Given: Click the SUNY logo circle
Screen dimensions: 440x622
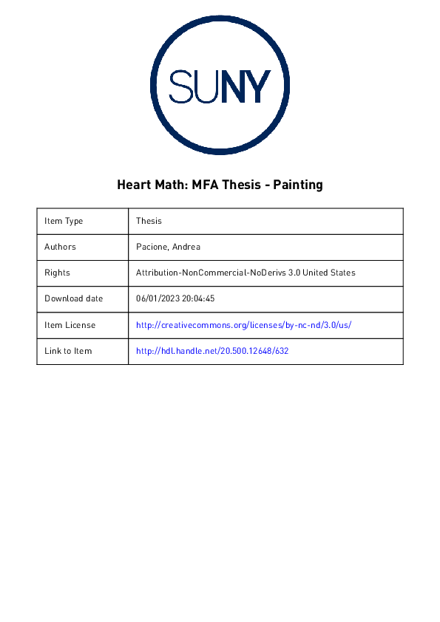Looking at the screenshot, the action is pyautogui.click(x=219, y=86).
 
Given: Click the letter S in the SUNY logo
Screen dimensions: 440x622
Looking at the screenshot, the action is pyautogui.click(x=183, y=87).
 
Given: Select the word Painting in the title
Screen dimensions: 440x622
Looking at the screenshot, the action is pyautogui.click(x=298, y=185).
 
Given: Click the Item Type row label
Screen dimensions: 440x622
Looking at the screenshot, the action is pyautogui.click(x=64, y=221).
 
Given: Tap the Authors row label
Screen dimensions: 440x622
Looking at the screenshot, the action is pyautogui.click(x=60, y=247).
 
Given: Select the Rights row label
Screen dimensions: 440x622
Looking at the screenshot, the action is pyautogui.click(x=57, y=273).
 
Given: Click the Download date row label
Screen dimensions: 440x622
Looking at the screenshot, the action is pyautogui.click(x=73, y=298).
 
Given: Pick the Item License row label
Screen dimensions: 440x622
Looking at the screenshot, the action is pyautogui.click(x=70, y=325).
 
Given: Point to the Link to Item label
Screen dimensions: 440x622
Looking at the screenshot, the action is pyautogui.click(x=68, y=351).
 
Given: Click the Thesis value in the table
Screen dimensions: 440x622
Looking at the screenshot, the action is pyautogui.click(x=149, y=221).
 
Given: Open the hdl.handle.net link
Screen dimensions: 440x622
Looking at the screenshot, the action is pyautogui.click(x=212, y=351).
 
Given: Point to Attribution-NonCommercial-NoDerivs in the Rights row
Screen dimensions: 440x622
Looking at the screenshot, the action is pyautogui.click(x=212, y=273).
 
